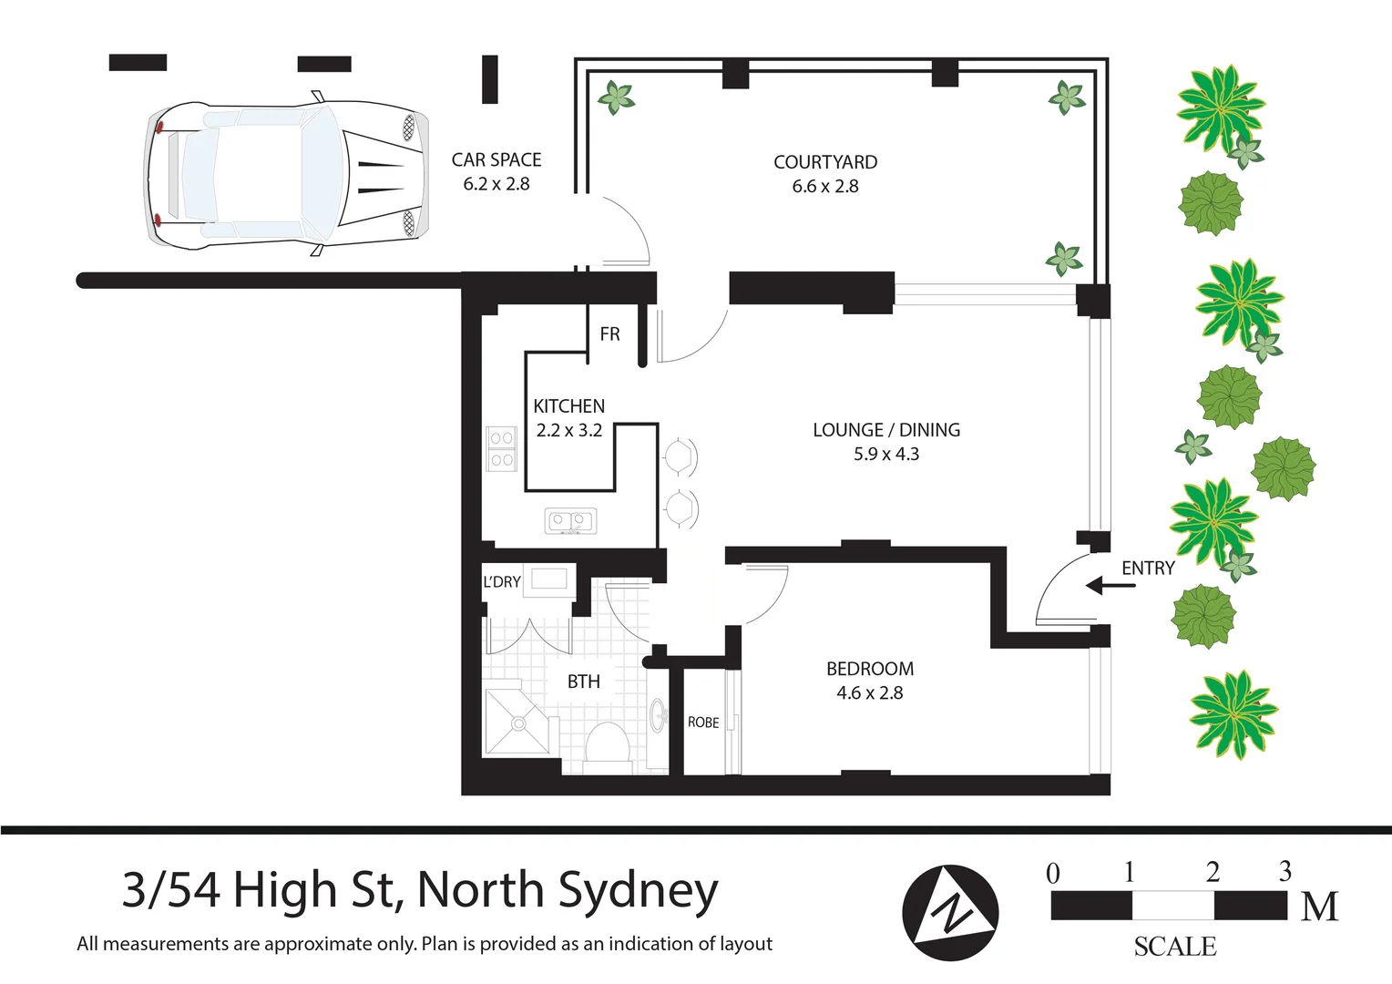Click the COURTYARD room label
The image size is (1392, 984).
coord(825,162)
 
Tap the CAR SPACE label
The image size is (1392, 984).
coord(496,160)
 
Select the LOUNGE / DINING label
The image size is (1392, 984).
coord(886,430)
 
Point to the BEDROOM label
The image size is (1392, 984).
coord(870,669)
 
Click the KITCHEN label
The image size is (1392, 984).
coord(568,406)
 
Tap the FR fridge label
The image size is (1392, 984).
coord(609,334)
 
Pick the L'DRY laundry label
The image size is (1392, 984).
coord(502,582)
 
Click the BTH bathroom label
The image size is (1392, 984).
coord(584,682)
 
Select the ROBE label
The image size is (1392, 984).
coord(703,723)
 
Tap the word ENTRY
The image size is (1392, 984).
coord(1148,569)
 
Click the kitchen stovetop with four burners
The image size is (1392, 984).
coord(501,449)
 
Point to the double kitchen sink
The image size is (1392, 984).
coord(570,521)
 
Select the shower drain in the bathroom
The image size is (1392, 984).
coord(518,724)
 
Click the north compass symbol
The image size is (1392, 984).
coord(950,912)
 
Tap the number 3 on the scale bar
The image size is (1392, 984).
coord(1285,872)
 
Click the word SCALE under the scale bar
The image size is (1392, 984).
coord(1174,947)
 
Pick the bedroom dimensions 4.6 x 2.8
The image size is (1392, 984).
coord(870,693)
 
